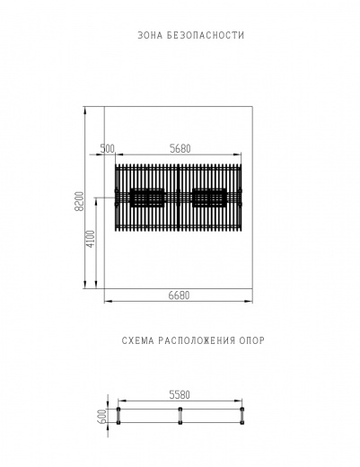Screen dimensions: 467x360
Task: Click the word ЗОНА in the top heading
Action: click(x=151, y=36)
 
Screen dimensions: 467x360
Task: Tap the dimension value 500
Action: click(x=108, y=148)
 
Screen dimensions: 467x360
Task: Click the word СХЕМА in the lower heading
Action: click(x=138, y=340)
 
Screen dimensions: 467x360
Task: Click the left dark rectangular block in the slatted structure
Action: click(x=147, y=198)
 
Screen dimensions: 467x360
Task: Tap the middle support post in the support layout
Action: click(x=180, y=416)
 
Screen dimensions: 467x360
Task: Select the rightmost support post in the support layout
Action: click(x=242, y=416)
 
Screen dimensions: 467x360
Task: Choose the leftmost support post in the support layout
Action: click(x=119, y=416)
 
